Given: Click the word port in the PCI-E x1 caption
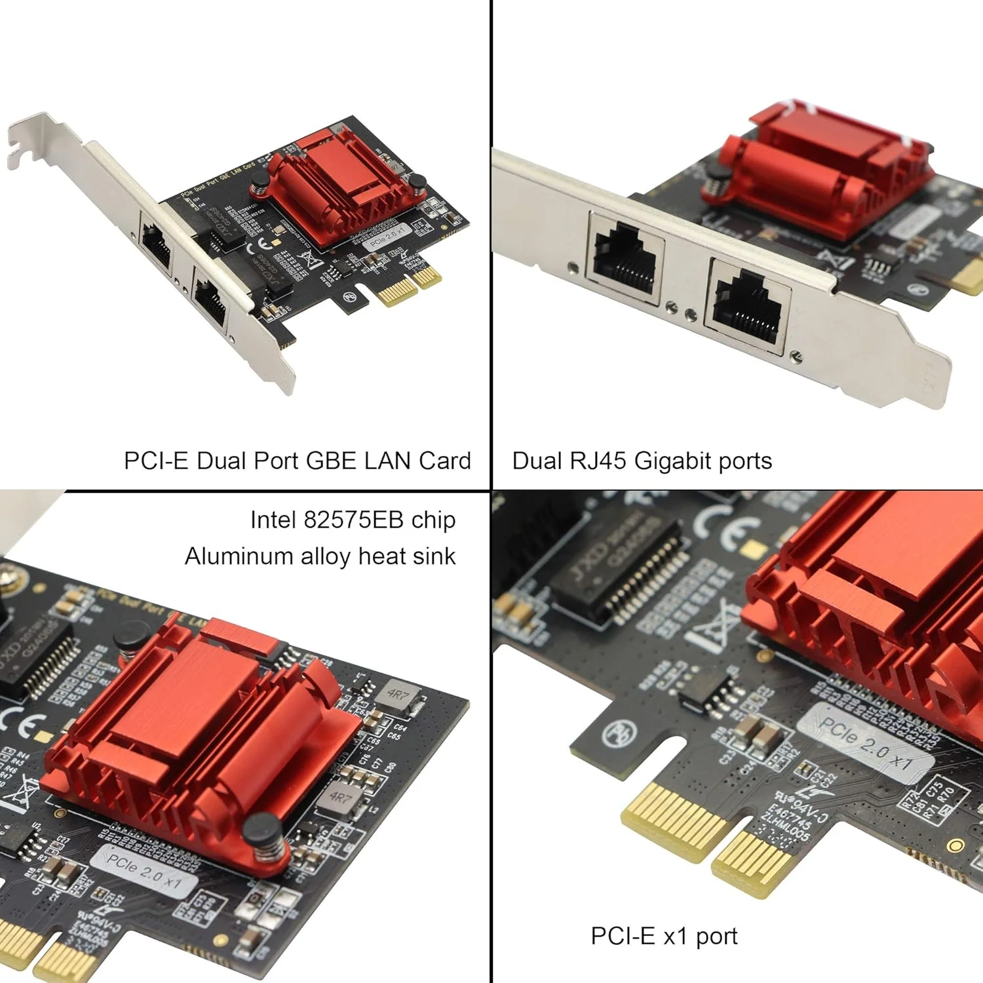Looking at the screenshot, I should (x=716, y=936).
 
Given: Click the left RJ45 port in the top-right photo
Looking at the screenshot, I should (x=625, y=258).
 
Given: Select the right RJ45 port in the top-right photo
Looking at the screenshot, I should (x=747, y=305).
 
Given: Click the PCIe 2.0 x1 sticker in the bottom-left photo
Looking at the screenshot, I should (x=144, y=870).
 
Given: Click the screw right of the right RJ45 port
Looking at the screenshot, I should (x=796, y=356).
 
